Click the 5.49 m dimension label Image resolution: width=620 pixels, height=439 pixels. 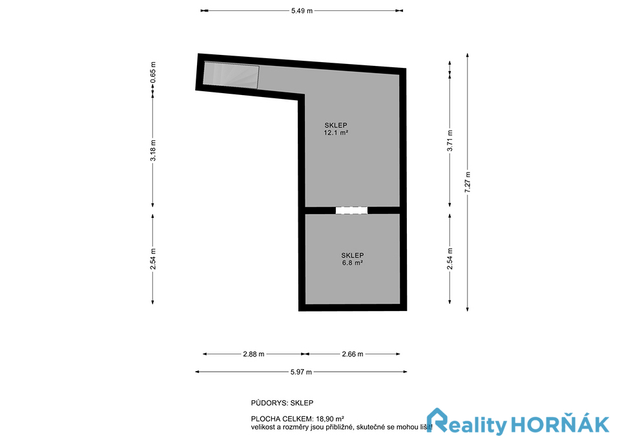click(x=302, y=11)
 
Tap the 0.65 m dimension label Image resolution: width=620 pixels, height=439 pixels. click(x=153, y=72)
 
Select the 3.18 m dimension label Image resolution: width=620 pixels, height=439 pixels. click(x=153, y=150)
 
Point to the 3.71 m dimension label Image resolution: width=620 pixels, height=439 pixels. click(x=449, y=140)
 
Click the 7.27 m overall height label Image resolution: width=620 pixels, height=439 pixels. click(x=468, y=182)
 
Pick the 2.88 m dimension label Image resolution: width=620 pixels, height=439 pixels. click(x=253, y=354)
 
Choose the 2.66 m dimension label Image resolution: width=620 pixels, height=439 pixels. click(x=353, y=354)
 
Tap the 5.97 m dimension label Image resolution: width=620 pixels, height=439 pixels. click(x=301, y=372)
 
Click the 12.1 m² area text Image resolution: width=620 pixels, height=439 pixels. click(x=336, y=133)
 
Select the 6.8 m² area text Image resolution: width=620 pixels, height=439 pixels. click(x=353, y=262)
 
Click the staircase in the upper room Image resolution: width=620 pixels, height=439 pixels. click(x=231, y=75)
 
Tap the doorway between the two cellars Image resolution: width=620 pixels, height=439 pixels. click(x=351, y=210)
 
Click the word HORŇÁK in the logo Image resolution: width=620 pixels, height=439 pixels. click(x=559, y=424)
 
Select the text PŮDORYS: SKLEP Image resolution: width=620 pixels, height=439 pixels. click(x=282, y=403)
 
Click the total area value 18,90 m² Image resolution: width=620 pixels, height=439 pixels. click(x=330, y=419)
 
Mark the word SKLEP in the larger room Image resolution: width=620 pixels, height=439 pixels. click(x=336, y=125)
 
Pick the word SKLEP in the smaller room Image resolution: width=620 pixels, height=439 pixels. click(x=353, y=255)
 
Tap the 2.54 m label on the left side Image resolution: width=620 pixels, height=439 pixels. click(x=153, y=259)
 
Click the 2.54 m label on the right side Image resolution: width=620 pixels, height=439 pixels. click(x=449, y=259)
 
